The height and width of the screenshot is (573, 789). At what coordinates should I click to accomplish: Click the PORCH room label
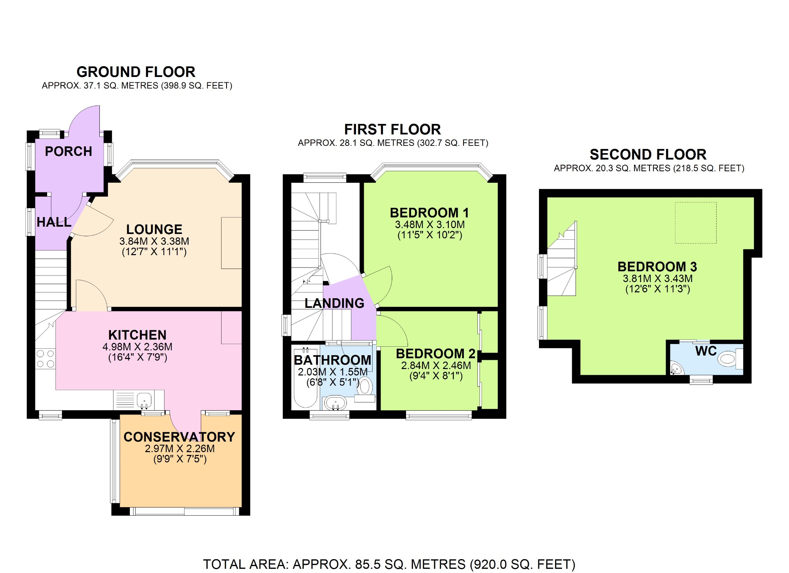click(69, 151)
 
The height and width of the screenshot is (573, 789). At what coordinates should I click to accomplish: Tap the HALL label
click(54, 222)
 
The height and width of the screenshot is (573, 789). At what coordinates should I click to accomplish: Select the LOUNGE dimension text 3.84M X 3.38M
click(154, 241)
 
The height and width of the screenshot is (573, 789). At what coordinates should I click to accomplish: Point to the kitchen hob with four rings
click(45, 359)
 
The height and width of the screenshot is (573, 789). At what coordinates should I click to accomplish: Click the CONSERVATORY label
click(179, 437)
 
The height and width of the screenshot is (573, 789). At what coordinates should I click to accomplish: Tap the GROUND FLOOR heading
click(136, 72)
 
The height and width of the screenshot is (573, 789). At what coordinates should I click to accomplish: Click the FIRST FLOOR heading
click(392, 129)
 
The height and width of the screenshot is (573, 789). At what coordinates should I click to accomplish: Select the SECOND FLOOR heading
click(648, 155)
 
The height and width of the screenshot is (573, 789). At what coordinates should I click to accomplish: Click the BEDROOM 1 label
click(429, 213)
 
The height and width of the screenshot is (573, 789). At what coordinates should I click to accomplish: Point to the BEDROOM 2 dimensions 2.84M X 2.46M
click(436, 366)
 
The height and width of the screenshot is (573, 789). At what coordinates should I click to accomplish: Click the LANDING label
click(334, 303)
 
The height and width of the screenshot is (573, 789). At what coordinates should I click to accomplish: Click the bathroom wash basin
click(335, 403)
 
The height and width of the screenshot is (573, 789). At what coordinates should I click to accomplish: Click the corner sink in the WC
click(675, 369)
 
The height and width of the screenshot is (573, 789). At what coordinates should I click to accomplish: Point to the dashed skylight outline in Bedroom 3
click(695, 223)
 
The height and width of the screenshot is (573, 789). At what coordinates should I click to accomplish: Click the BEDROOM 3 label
click(657, 267)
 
